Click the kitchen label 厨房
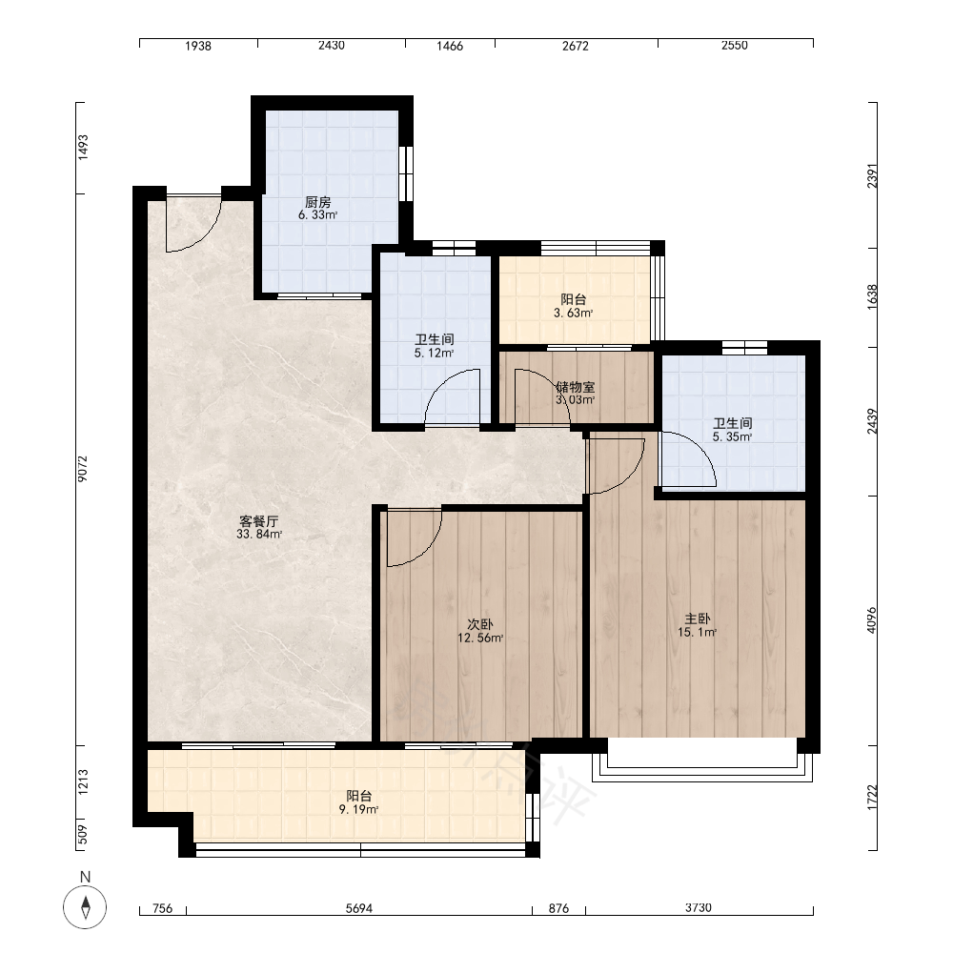click(x=318, y=202)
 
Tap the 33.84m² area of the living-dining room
click(x=259, y=535)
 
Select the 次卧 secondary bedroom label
click(x=480, y=624)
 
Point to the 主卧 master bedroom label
click(x=698, y=618)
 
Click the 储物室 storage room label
click(x=576, y=387)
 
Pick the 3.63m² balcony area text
click(x=573, y=314)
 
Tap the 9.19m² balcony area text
click(x=358, y=809)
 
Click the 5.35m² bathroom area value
click(x=732, y=437)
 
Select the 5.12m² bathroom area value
click(x=435, y=354)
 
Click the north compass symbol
click(x=85, y=907)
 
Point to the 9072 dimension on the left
click(x=83, y=469)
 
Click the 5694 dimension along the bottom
click(x=359, y=908)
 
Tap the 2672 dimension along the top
click(x=576, y=46)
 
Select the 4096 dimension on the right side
click(x=872, y=620)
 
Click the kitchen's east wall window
click(x=406, y=173)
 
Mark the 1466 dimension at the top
click(x=450, y=46)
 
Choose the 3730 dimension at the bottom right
click(x=699, y=908)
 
